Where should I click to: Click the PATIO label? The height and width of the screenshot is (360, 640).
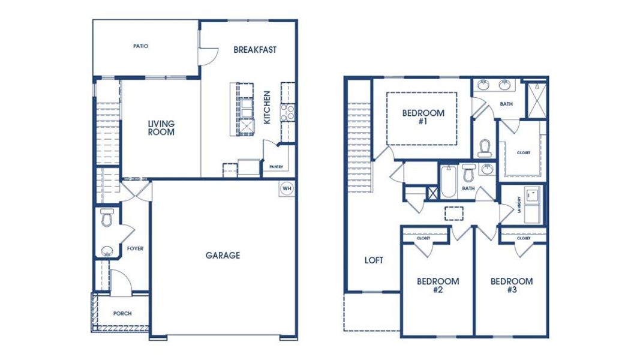[x=141, y=46]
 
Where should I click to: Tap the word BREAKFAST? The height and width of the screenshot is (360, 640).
[x=255, y=50]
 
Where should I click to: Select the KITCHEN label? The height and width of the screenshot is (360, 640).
[x=268, y=107]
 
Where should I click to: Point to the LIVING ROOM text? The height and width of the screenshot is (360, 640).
[x=161, y=128]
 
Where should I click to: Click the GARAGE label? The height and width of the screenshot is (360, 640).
[x=223, y=255]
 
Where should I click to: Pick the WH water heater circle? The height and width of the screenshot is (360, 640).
[x=286, y=187]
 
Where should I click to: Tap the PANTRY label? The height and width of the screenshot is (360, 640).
[x=276, y=167]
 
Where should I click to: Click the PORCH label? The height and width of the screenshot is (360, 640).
[x=122, y=314]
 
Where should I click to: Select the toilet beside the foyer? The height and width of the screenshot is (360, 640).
[x=107, y=218]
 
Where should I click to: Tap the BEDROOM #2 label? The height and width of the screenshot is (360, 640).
[x=438, y=286]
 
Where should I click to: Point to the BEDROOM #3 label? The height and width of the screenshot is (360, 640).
[x=511, y=286]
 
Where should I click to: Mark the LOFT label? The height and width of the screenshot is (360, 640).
[x=374, y=261]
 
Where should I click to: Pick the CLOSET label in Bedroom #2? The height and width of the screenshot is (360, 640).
[x=423, y=238]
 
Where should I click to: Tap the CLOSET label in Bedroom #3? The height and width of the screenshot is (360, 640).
[x=523, y=238]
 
